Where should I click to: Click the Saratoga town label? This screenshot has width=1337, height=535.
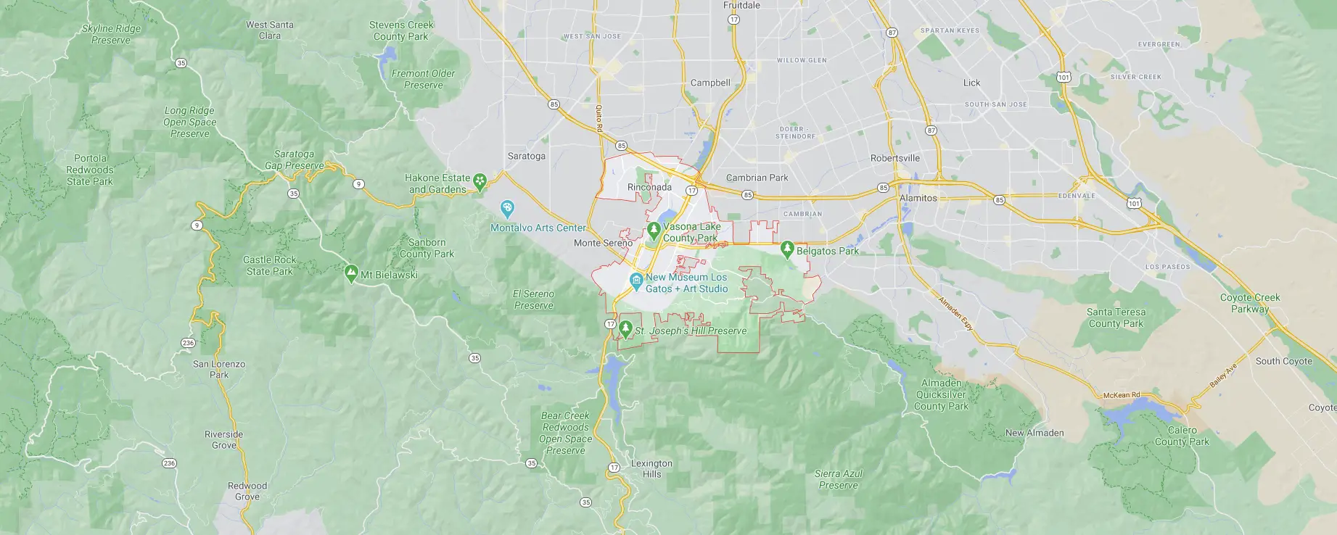tap(526, 156)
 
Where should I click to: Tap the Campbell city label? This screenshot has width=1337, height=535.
tap(709, 83)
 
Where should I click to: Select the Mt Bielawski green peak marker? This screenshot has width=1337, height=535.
tap(352, 274)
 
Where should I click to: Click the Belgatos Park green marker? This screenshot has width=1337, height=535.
tap(788, 249)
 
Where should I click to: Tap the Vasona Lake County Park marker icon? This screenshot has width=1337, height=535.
tap(654, 231)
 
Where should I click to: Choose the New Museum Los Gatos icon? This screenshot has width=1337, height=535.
tap(636, 280)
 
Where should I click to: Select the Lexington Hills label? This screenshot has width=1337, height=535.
tap(651, 468)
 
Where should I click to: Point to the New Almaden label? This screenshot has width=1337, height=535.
tap(1034, 433)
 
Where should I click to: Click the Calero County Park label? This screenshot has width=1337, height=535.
tap(1182, 436)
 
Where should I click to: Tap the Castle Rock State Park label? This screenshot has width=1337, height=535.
tap(270, 265)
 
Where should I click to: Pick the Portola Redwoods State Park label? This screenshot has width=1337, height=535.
tap(90, 170)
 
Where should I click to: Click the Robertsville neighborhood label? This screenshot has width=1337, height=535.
tap(895, 158)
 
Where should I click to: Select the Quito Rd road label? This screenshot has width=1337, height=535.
tap(599, 118)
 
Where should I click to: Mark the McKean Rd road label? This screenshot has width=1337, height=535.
tap(1122, 395)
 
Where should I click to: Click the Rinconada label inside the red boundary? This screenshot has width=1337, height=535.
tap(649, 187)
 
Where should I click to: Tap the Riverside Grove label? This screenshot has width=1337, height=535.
tap(223, 439)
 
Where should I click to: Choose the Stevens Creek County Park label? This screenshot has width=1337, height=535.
tap(401, 30)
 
